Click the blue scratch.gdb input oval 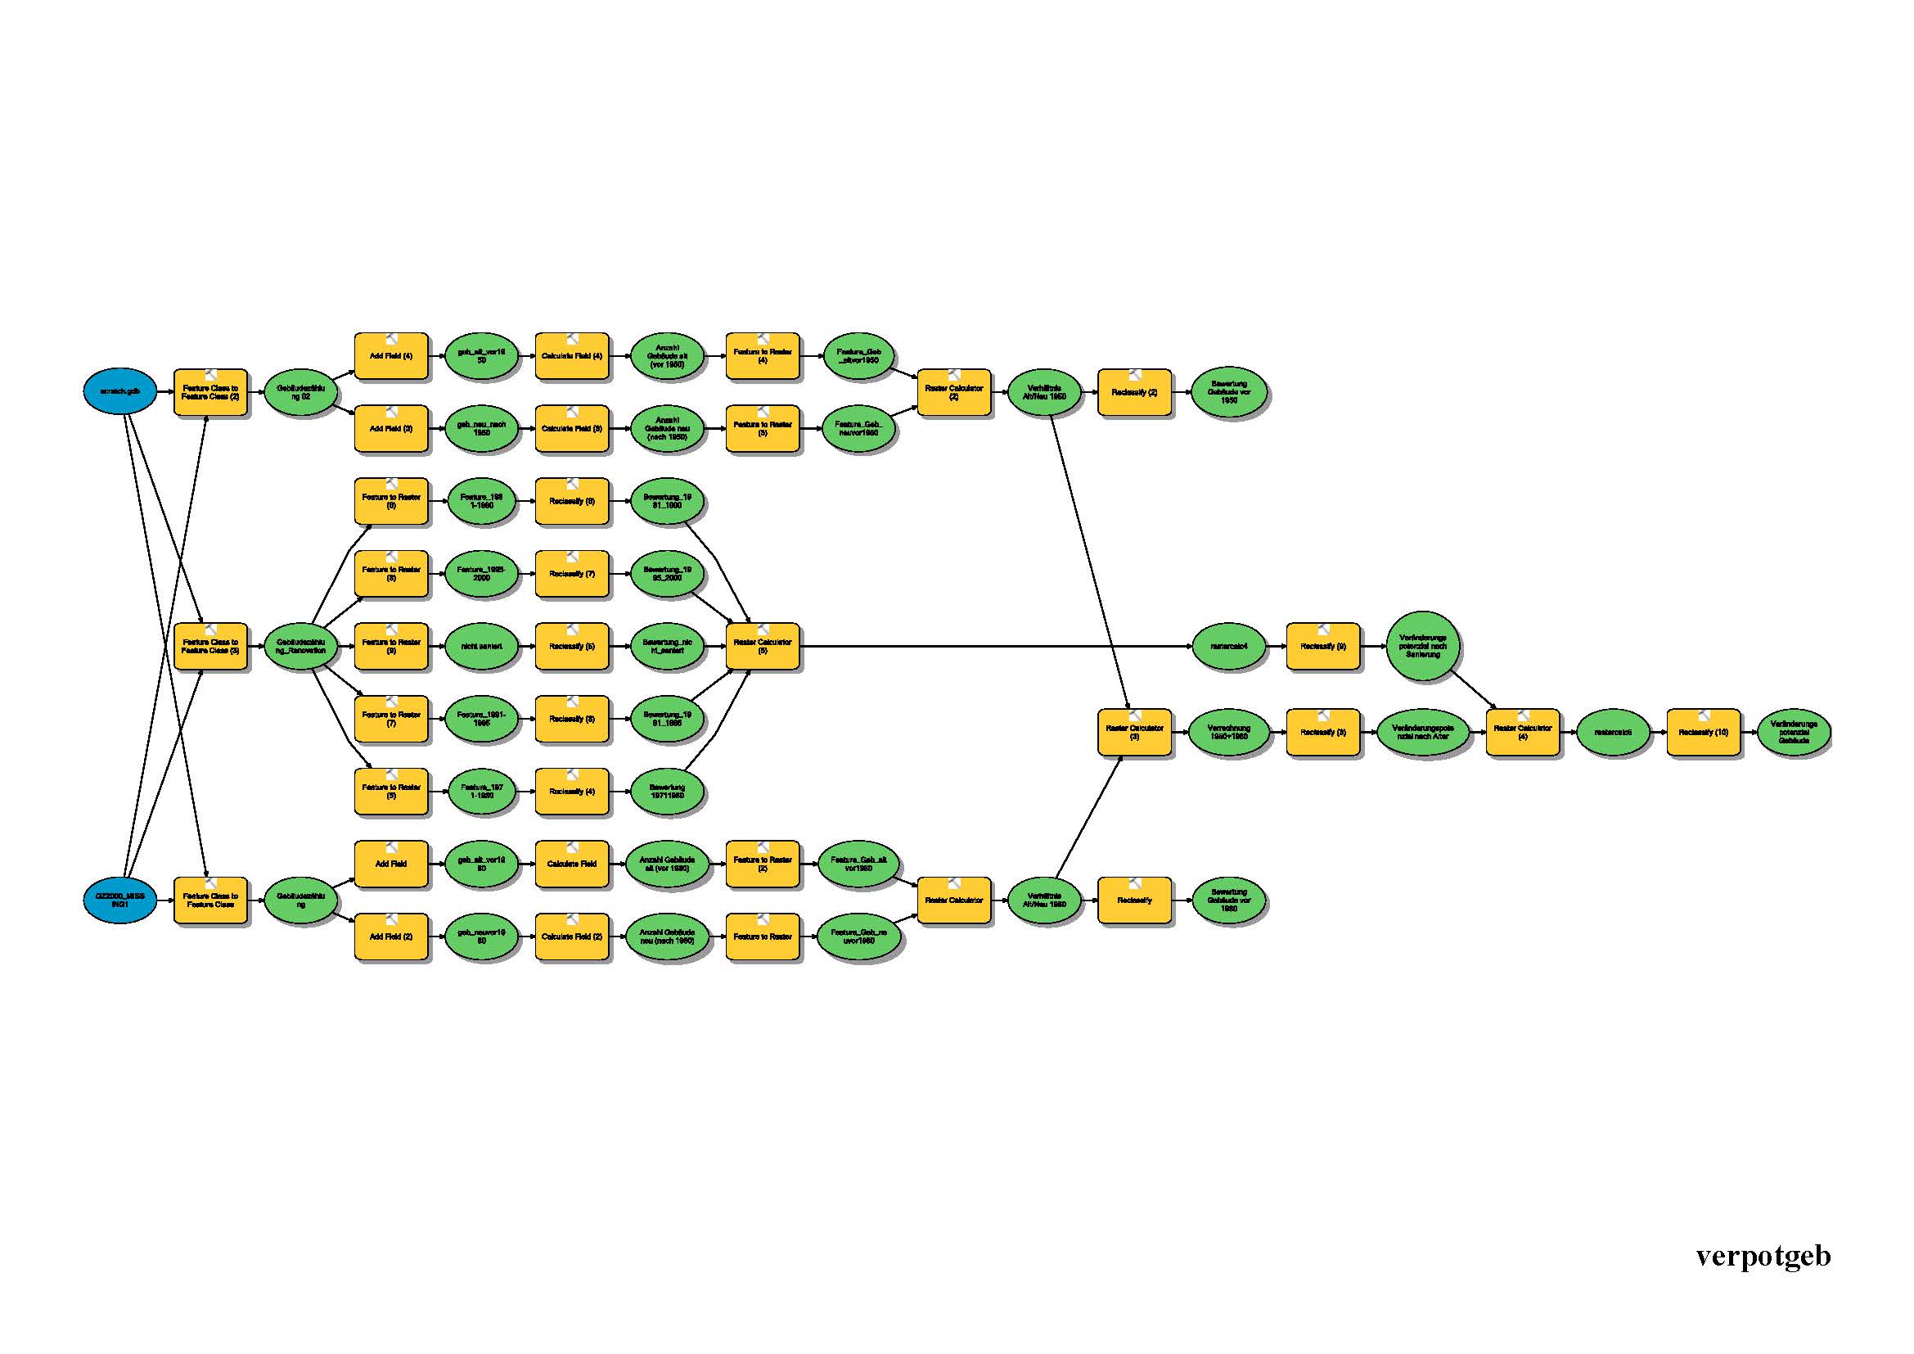pyautogui.click(x=120, y=391)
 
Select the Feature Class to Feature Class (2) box pyautogui.click(x=211, y=393)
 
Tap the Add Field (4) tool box pyautogui.click(x=391, y=356)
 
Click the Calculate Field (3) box pyautogui.click(x=572, y=428)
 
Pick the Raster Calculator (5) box pyautogui.click(x=762, y=646)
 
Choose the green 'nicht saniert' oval pyautogui.click(x=481, y=646)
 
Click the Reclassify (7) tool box pyautogui.click(x=572, y=574)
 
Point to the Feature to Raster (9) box pyautogui.click(x=391, y=646)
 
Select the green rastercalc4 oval pyautogui.click(x=1229, y=646)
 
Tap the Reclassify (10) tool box pyautogui.click(x=1703, y=733)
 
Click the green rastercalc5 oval pyautogui.click(x=1613, y=733)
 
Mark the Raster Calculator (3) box pyautogui.click(x=1134, y=733)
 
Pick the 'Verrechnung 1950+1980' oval pyautogui.click(x=1229, y=733)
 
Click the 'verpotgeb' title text pyautogui.click(x=1763, y=1256)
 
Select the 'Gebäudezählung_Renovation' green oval pyautogui.click(x=301, y=646)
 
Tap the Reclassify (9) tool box pyautogui.click(x=1323, y=646)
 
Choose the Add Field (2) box pyautogui.click(x=391, y=937)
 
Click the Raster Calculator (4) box pyautogui.click(x=1522, y=733)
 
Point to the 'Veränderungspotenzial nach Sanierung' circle pyautogui.click(x=1423, y=646)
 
